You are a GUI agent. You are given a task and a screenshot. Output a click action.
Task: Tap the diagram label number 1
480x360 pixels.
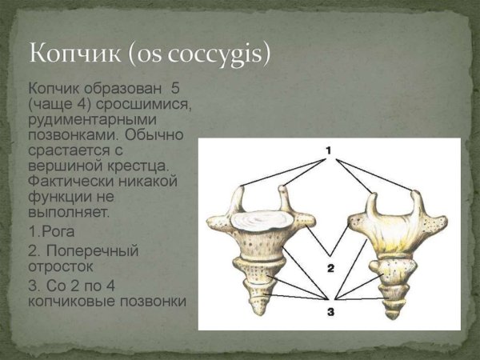pyautogui.click(x=328, y=150)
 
